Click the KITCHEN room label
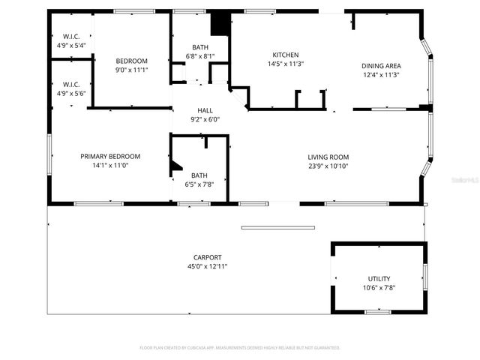click(x=286, y=55)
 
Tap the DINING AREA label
click(x=381, y=65)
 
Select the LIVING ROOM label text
click(x=328, y=157)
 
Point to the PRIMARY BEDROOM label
click(x=110, y=156)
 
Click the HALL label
click(x=205, y=110)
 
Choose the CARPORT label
click(x=206, y=257)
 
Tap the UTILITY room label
click(x=379, y=278)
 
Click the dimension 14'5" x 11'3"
click(x=286, y=64)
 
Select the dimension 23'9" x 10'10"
click(x=328, y=166)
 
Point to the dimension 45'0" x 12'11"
click(x=206, y=266)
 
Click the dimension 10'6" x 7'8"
click(x=379, y=287)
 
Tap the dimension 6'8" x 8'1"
click(x=200, y=56)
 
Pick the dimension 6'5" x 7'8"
click(x=199, y=184)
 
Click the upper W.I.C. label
click(x=71, y=37)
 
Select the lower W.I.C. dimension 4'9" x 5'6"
click(x=71, y=93)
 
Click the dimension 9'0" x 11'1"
click(x=131, y=70)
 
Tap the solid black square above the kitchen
click(x=220, y=24)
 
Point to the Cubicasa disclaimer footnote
click(x=240, y=348)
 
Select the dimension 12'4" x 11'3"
click(x=381, y=74)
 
